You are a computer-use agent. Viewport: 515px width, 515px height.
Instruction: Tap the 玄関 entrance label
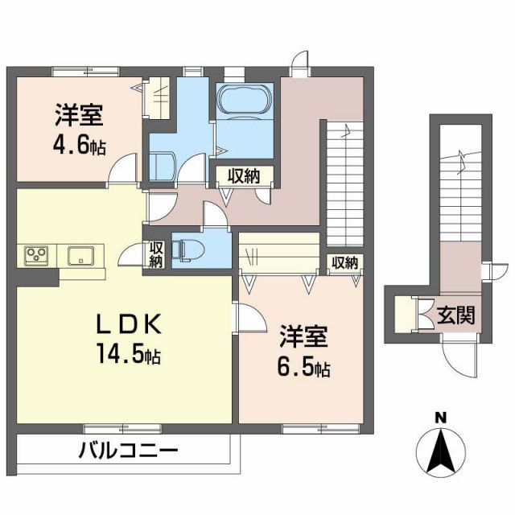(455, 314)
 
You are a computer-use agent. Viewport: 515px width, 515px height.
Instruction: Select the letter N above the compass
(441, 417)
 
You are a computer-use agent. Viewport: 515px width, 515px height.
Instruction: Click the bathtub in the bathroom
(245, 101)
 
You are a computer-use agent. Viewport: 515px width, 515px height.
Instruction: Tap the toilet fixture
(186, 249)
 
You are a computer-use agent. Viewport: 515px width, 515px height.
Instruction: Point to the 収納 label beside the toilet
(156, 253)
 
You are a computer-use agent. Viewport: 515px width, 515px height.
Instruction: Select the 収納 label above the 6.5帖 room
(344, 262)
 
